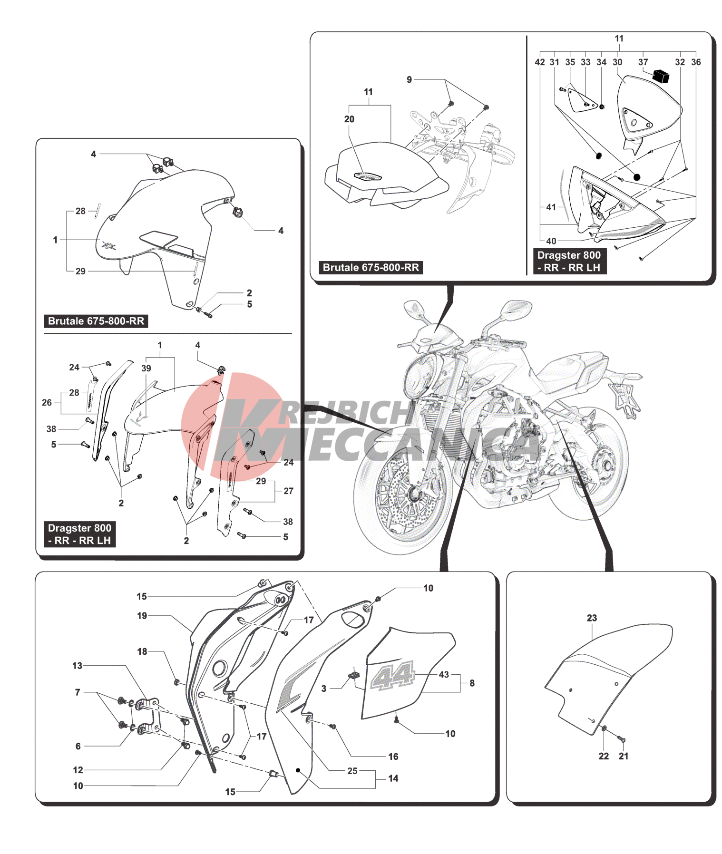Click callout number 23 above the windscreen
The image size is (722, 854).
(592, 618)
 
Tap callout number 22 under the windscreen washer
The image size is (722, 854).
(604, 756)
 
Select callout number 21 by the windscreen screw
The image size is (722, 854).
(624, 756)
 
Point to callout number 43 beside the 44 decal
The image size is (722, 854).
(444, 674)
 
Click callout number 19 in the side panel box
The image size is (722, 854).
(142, 616)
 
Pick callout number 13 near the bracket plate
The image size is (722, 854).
(78, 666)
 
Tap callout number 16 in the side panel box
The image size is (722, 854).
(393, 757)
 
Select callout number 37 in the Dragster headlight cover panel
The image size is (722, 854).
(643, 62)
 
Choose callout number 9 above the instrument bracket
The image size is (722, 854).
(409, 79)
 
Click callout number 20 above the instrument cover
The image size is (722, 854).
(349, 119)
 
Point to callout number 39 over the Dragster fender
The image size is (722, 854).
(146, 368)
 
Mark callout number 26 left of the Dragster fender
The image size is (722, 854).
(47, 402)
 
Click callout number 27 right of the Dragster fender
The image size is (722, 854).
(288, 491)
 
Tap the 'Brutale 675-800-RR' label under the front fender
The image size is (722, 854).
(96, 321)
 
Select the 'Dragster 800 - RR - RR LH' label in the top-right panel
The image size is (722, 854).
(569, 262)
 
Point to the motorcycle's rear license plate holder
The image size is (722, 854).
(625, 397)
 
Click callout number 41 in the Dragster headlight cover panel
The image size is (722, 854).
(551, 207)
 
